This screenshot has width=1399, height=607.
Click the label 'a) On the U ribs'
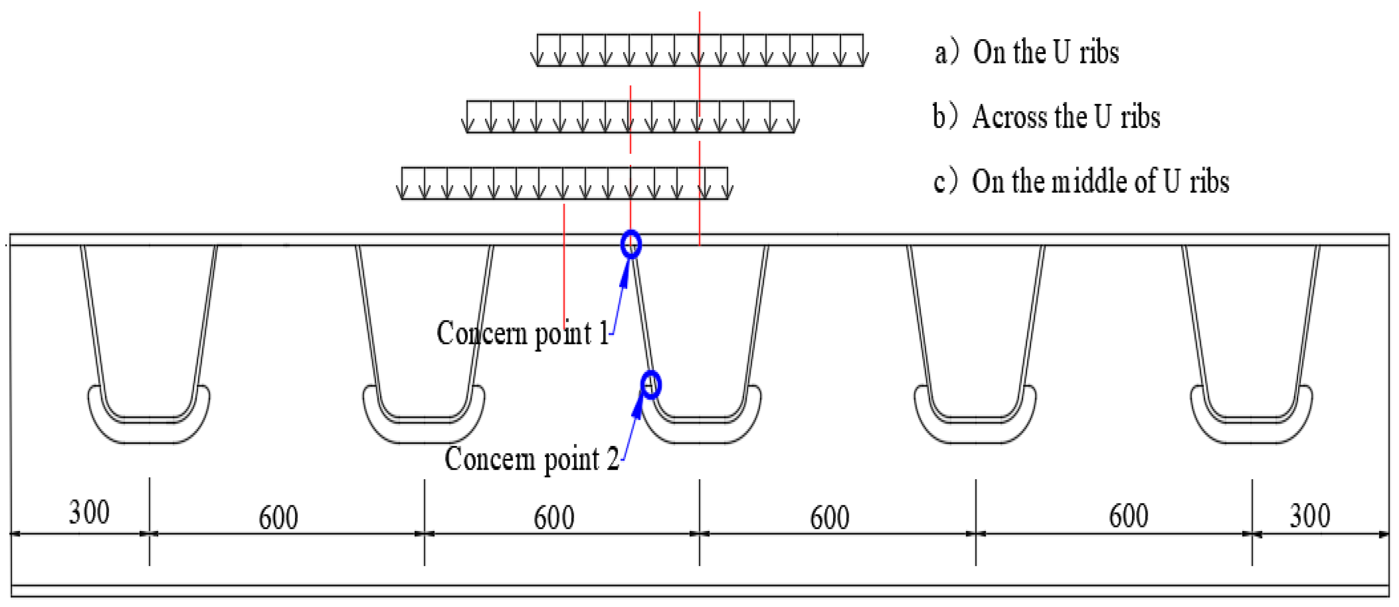click(x=1027, y=52)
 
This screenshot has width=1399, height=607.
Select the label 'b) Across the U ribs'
click(x=1046, y=117)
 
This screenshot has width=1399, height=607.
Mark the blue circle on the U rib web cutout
click(x=651, y=384)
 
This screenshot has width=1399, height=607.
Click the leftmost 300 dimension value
click(x=89, y=512)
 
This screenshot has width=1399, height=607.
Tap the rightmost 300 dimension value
click(x=1309, y=515)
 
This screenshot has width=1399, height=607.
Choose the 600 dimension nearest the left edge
click(x=278, y=517)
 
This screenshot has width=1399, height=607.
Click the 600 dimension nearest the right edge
click(x=1128, y=515)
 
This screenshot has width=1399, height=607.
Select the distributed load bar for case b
click(x=630, y=116)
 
